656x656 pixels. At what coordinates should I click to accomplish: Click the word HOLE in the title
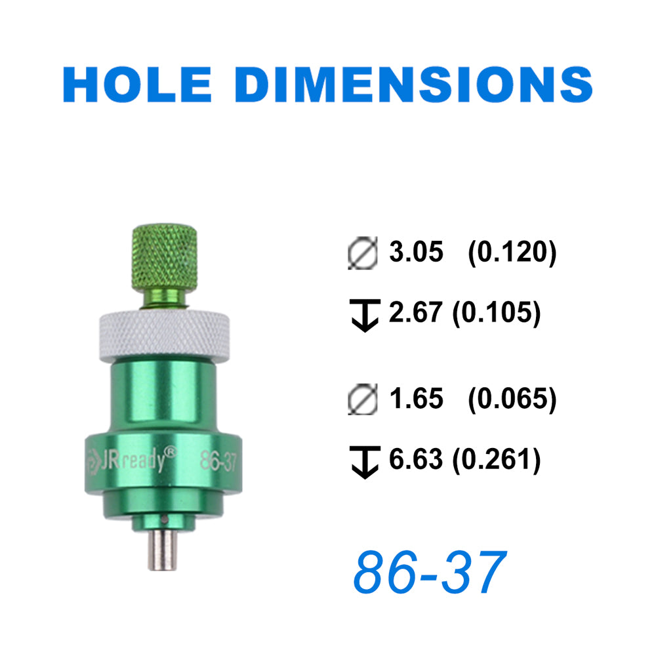click(137, 84)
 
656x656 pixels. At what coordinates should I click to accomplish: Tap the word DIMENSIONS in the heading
click(414, 84)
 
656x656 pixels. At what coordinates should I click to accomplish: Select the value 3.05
click(416, 252)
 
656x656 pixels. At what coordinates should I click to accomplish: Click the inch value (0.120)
click(512, 253)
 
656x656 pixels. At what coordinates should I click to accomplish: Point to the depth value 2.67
click(415, 312)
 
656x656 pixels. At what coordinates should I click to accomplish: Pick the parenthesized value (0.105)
click(497, 312)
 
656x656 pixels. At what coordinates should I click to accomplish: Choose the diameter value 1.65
click(416, 398)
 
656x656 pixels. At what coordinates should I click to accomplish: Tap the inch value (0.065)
click(512, 399)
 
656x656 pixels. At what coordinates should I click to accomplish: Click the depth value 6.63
click(415, 459)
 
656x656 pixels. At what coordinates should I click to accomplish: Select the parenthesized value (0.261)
click(497, 459)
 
